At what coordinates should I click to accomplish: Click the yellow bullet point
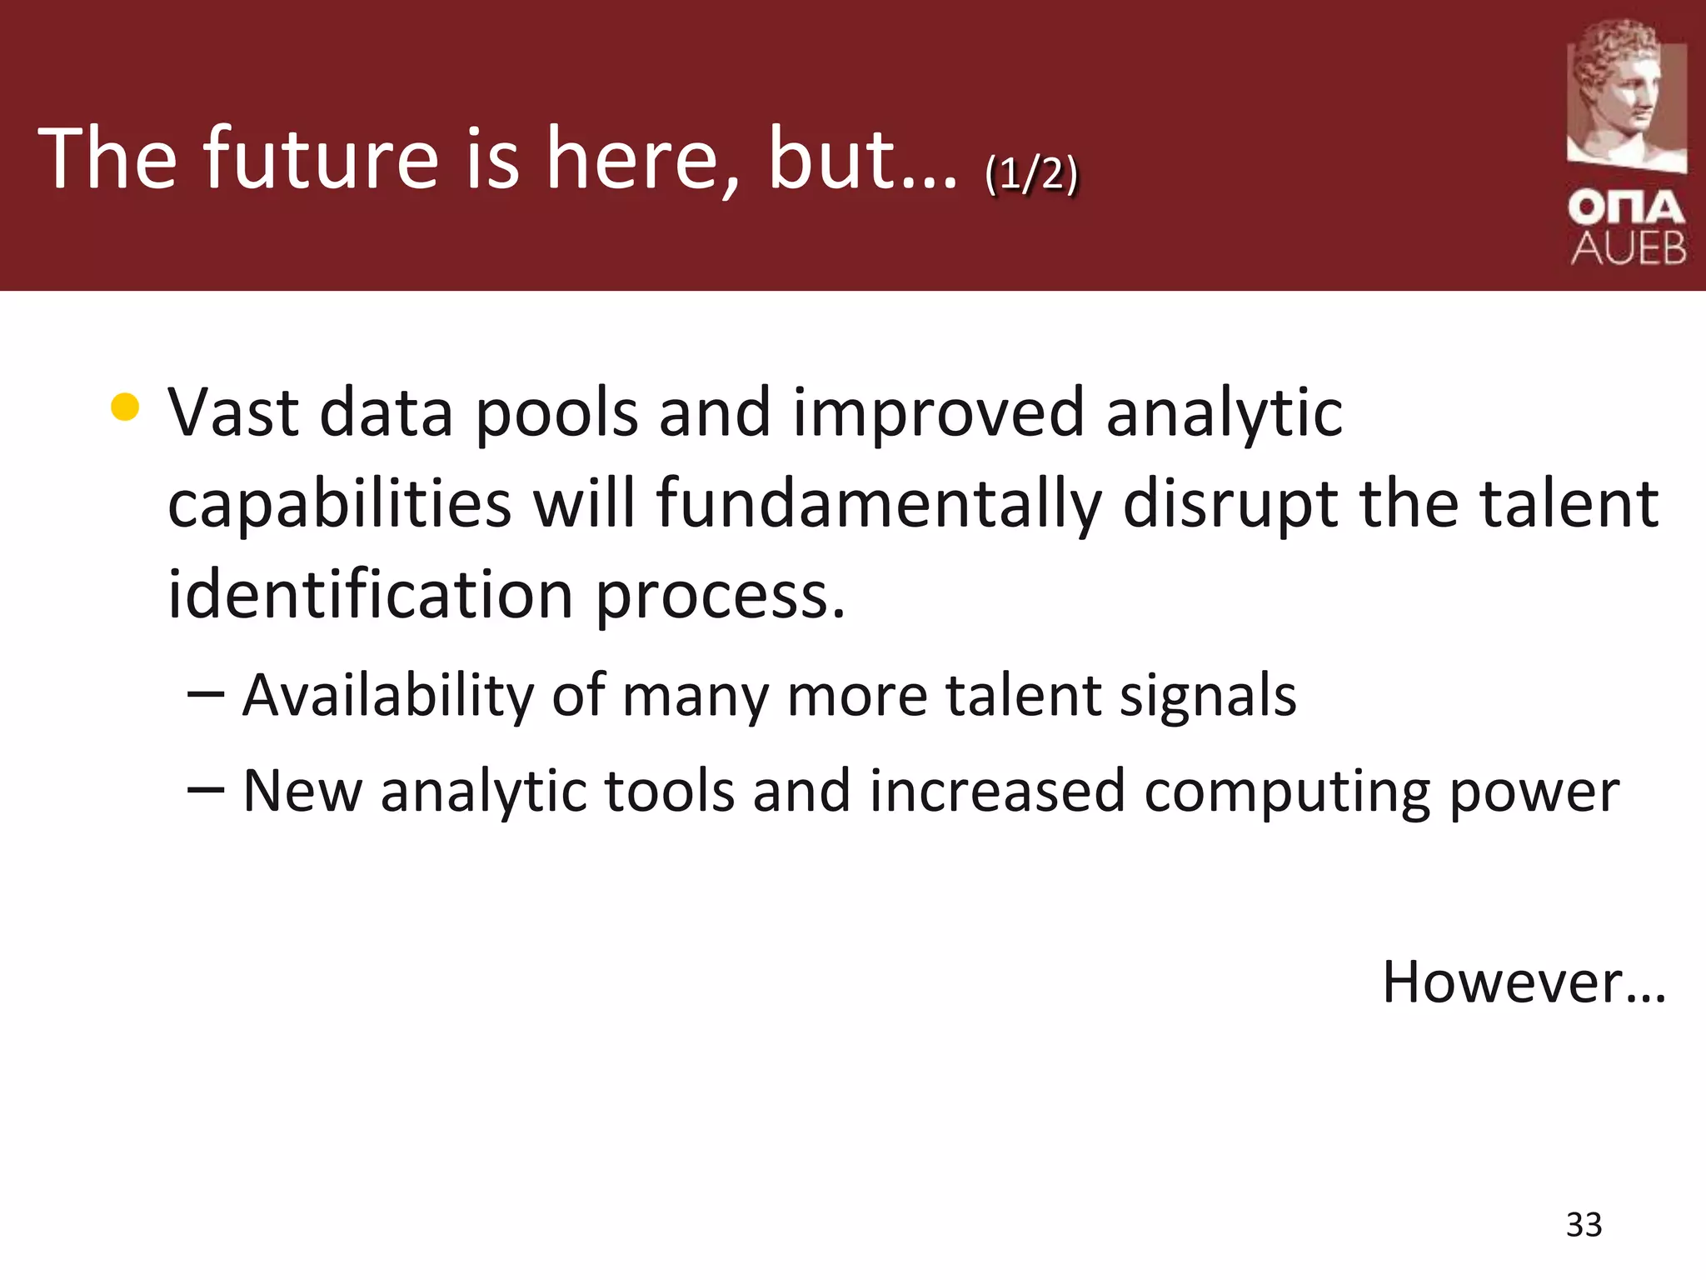point(124,407)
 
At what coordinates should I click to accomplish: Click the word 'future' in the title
point(321,158)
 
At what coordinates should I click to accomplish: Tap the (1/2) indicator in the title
point(1030,175)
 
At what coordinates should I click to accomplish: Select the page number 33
point(1584,1225)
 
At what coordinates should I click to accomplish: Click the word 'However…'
point(1524,982)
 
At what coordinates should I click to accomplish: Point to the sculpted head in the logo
point(1625,92)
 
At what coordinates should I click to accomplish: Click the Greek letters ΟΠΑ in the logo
point(1627,207)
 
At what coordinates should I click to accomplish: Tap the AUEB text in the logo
point(1629,248)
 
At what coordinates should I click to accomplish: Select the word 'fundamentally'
point(878,503)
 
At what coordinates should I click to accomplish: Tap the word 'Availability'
point(387,696)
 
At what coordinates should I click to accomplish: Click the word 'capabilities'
point(339,505)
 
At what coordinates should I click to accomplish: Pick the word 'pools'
point(556,414)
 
